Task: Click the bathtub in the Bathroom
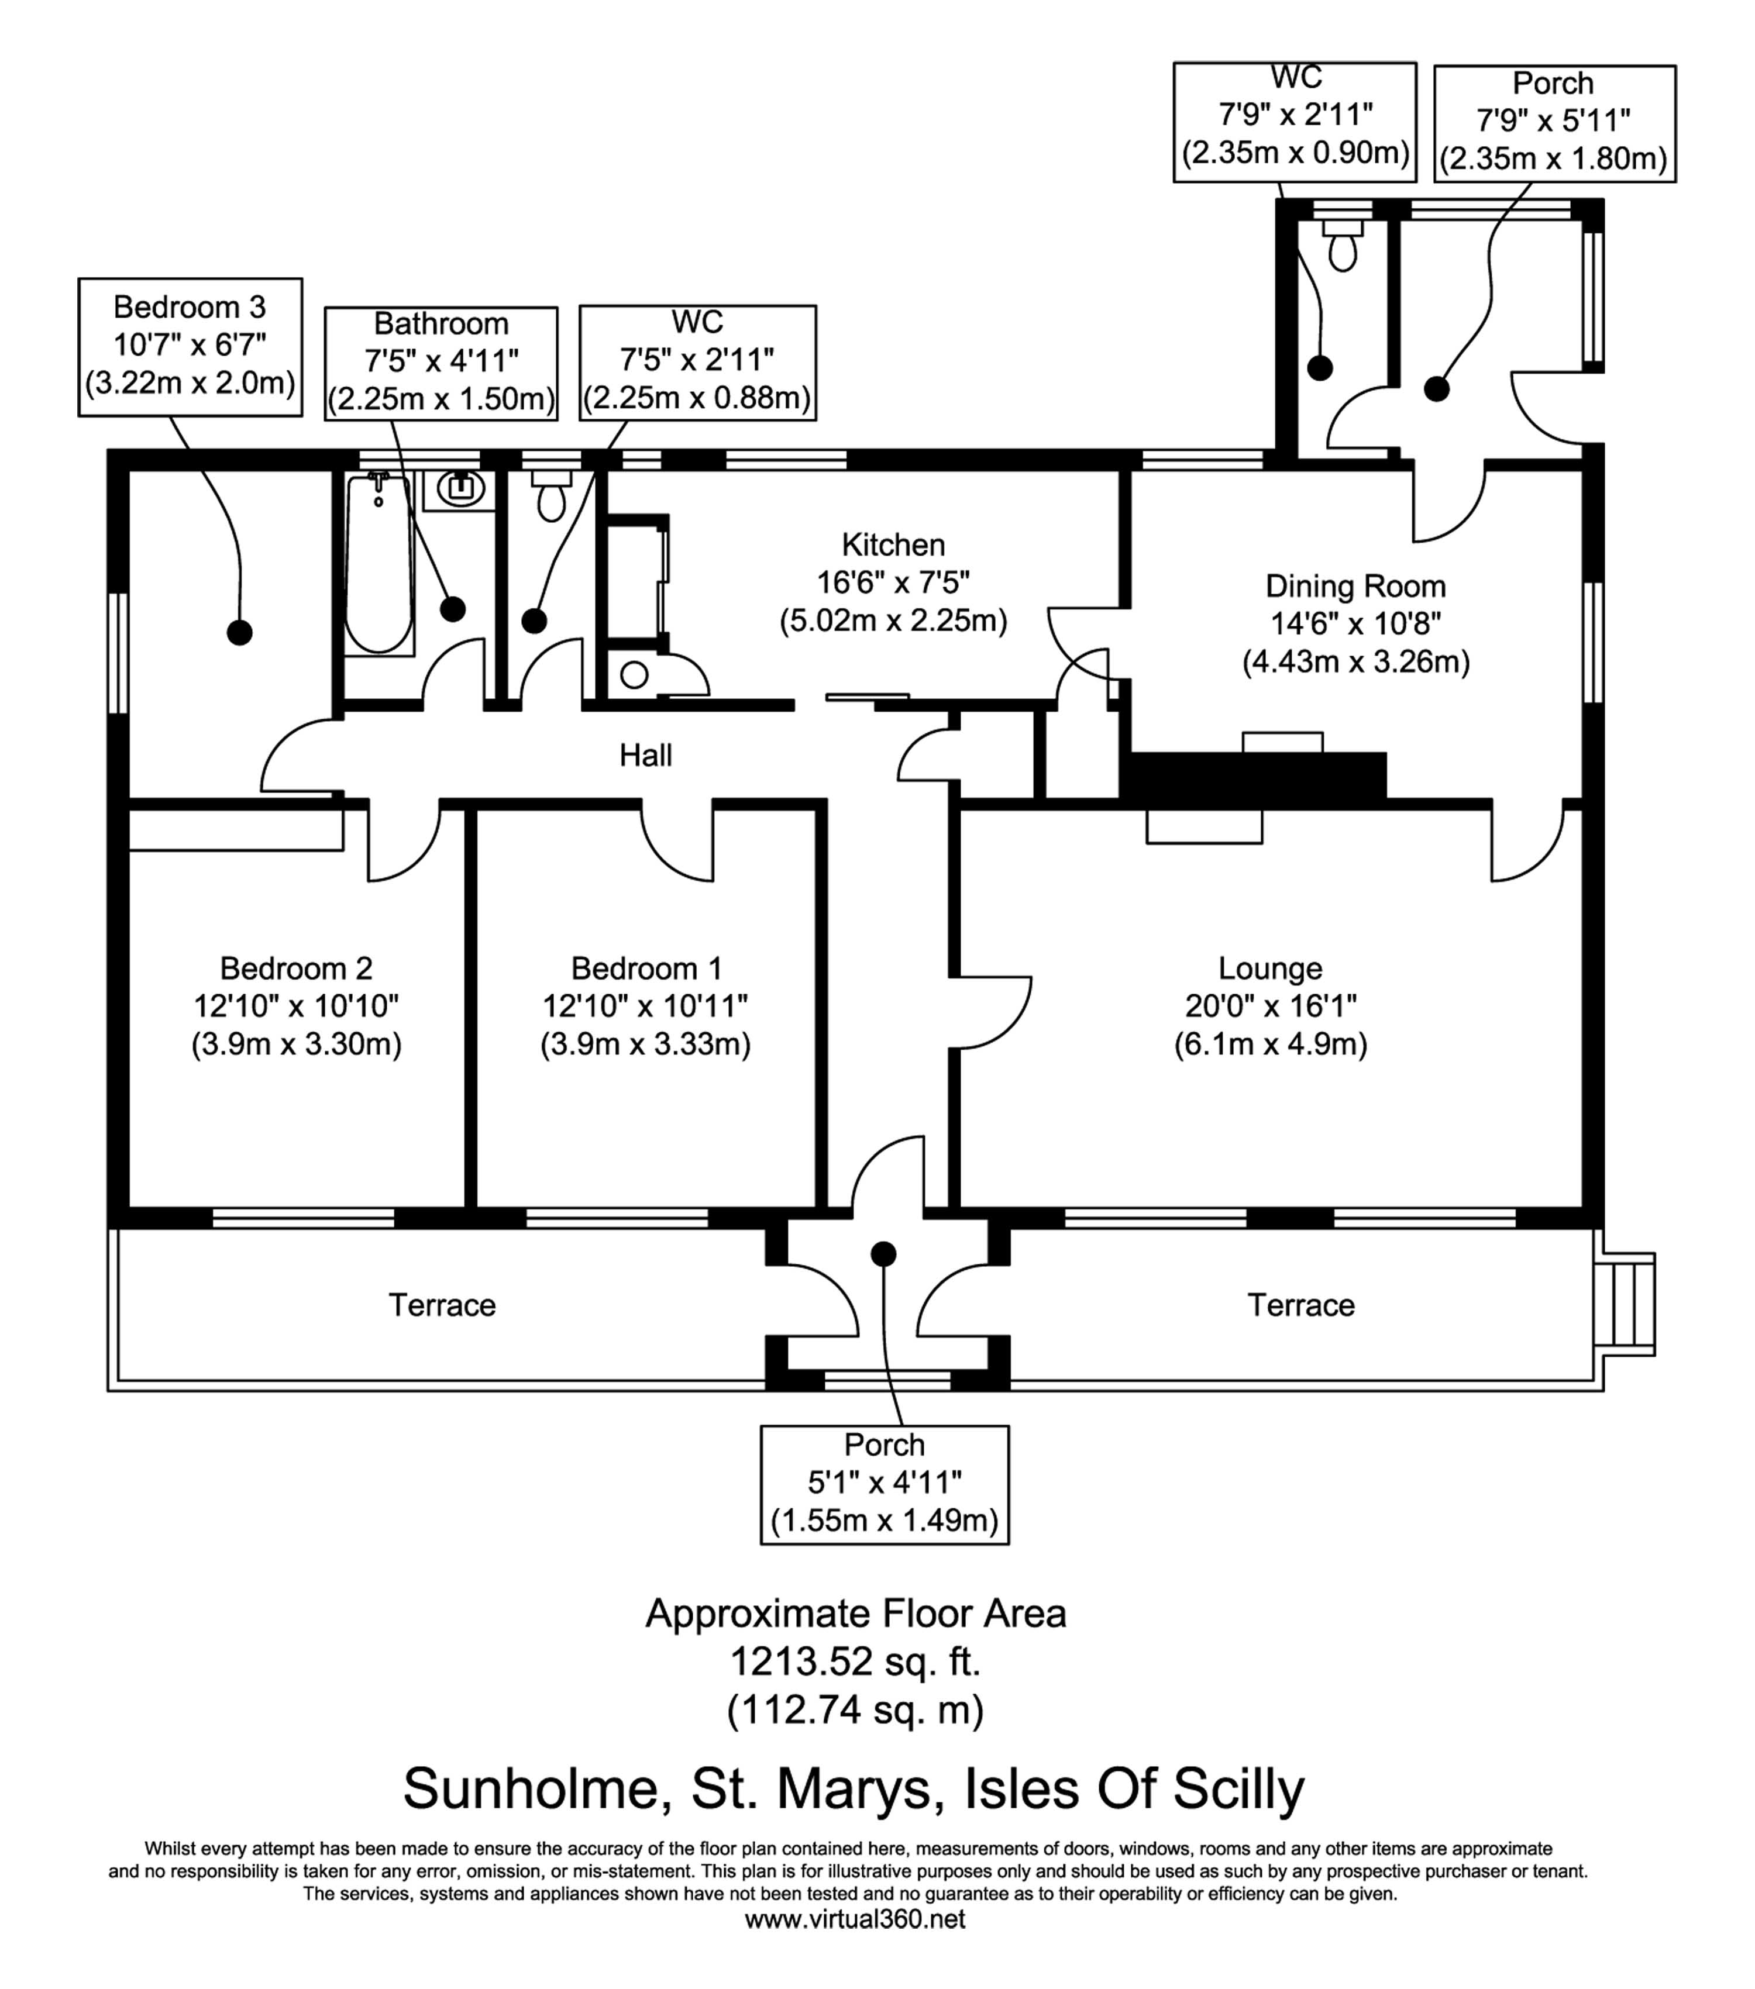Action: [378, 564]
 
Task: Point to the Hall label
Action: [645, 754]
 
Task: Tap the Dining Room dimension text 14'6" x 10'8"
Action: [1355, 624]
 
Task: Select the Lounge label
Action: [1269, 968]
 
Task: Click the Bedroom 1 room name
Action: [646, 968]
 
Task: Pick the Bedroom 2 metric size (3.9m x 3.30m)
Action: [296, 1044]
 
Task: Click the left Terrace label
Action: [442, 1305]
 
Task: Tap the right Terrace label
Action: [1300, 1305]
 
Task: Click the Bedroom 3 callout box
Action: [190, 346]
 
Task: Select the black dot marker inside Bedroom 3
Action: [239, 633]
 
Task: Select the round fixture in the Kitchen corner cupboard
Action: [634, 674]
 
